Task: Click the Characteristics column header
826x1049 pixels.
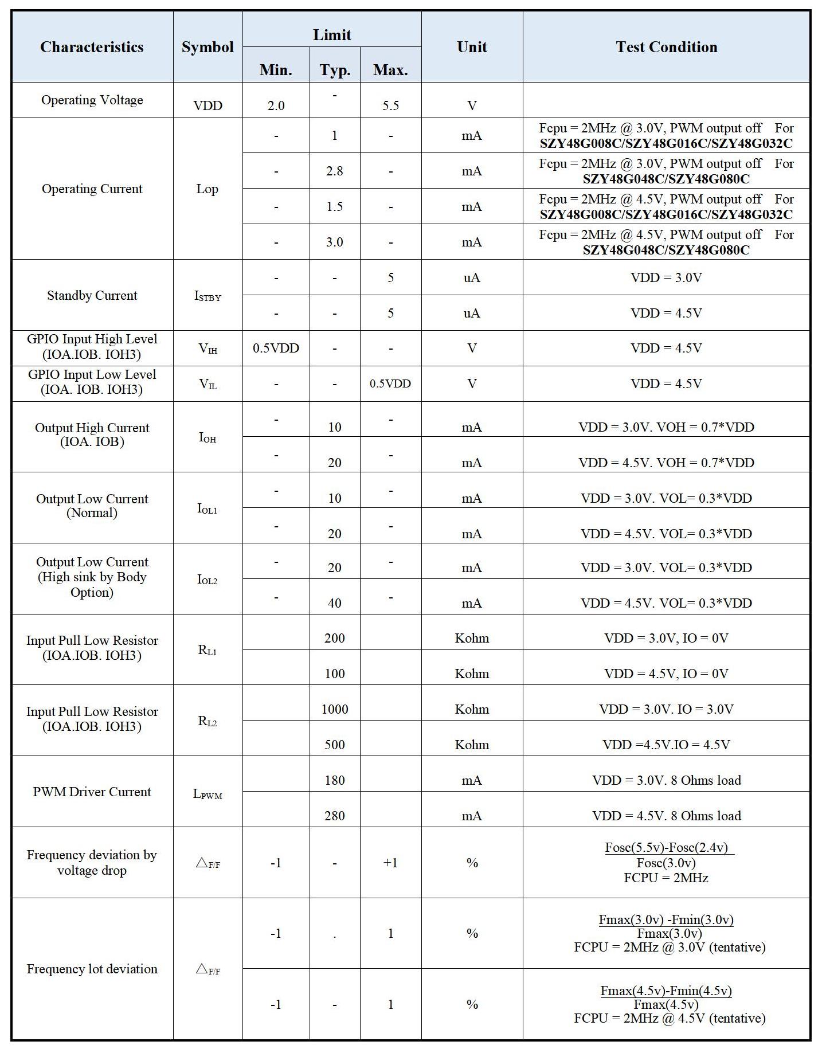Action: [92, 47]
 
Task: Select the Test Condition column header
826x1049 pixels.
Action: [666, 47]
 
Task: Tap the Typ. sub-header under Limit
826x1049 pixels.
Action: [335, 70]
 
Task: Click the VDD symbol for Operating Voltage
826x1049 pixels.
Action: [208, 105]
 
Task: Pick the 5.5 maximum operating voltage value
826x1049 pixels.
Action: [390, 105]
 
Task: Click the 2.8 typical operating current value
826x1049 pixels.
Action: [335, 171]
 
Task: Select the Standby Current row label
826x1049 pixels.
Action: [92, 295]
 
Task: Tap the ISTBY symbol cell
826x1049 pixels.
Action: [208, 296]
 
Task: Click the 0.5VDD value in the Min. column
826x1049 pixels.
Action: [276, 348]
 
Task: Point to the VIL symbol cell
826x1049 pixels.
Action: [208, 384]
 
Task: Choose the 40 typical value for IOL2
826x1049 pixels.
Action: [335, 603]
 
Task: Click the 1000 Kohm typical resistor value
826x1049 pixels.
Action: [335, 709]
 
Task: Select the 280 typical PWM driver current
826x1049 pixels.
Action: [335, 816]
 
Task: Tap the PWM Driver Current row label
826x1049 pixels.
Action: [92, 792]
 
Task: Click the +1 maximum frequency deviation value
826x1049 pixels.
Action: [390, 863]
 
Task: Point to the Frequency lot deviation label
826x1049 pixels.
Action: [92, 969]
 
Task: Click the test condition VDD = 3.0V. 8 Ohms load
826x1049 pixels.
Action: [666, 780]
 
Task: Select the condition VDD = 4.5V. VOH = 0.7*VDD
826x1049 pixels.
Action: [666, 463]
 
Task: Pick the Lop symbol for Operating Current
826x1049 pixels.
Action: [208, 189]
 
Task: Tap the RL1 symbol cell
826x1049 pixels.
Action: [208, 650]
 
